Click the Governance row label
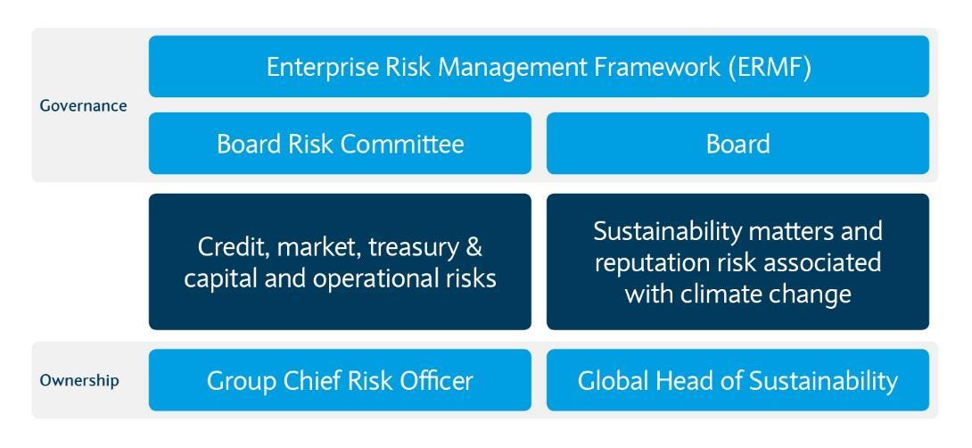click(83, 105)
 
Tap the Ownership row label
click(78, 380)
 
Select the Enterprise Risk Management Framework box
click(539, 67)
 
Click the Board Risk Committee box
click(340, 144)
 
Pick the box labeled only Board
click(737, 144)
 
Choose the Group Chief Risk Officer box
click(340, 381)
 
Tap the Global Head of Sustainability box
click(737, 381)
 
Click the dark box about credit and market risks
click(340, 261)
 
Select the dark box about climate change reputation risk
click(737, 261)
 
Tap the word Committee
click(409, 144)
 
